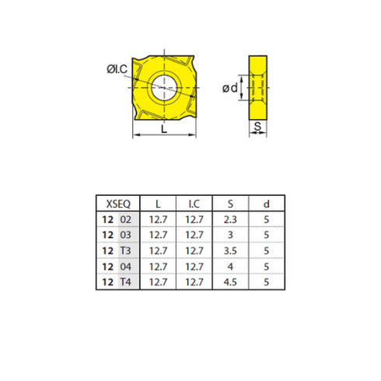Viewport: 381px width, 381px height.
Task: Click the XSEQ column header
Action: click(117, 204)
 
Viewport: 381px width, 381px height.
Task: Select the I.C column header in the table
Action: click(195, 204)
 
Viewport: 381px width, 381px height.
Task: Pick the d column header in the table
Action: click(267, 204)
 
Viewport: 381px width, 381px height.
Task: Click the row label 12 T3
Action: click(117, 250)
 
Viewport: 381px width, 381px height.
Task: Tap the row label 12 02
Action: click(117, 220)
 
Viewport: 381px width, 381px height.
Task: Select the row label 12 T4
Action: click(117, 281)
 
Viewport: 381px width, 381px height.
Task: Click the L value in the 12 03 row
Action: click(159, 235)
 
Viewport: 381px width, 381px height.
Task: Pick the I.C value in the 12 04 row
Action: click(195, 266)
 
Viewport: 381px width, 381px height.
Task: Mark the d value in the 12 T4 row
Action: click(267, 281)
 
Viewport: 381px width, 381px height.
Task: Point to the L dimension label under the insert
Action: click(164, 131)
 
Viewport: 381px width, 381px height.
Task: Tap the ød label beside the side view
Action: click(230, 88)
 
